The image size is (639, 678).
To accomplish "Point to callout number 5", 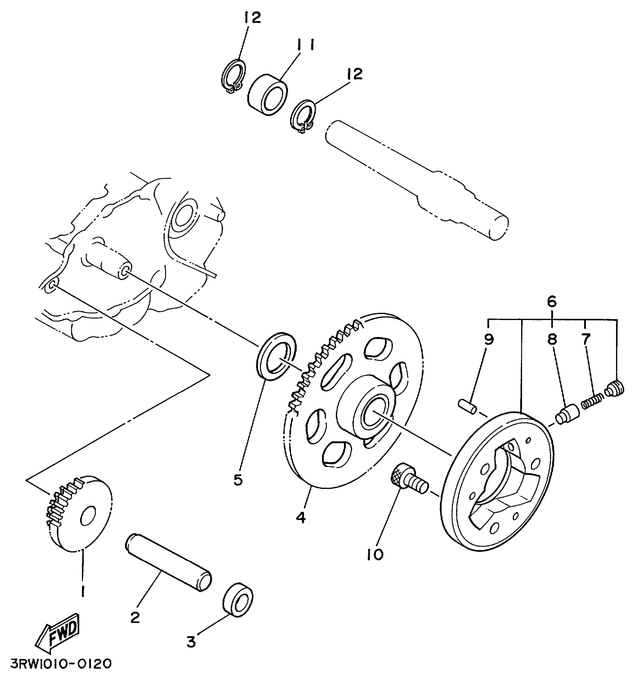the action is [238, 480].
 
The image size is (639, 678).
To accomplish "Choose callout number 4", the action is [301, 518].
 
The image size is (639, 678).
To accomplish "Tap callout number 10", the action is [375, 554].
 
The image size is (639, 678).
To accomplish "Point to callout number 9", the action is [489, 340].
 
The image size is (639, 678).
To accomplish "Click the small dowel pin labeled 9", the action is [467, 407].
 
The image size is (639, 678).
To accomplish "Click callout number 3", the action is [191, 643].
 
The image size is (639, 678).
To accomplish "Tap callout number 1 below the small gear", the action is [82, 591].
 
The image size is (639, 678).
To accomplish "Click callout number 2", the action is [135, 617].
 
